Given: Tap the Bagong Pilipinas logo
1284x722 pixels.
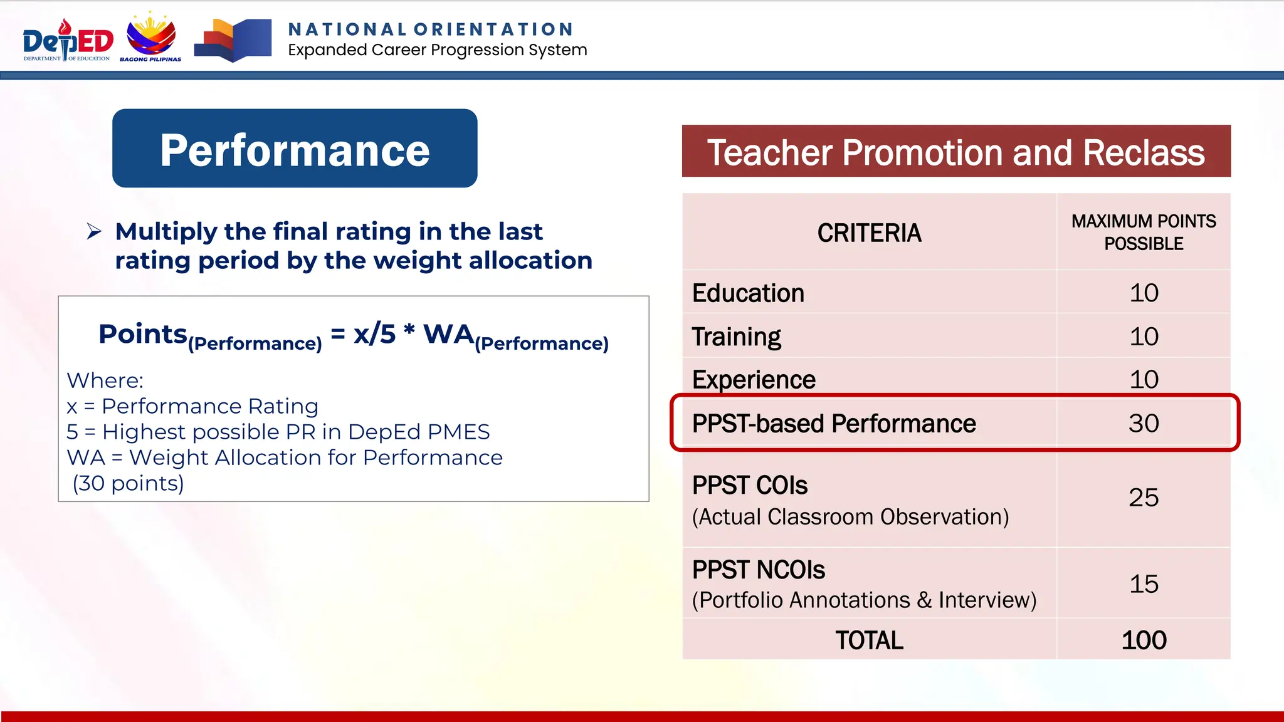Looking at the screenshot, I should [151, 38].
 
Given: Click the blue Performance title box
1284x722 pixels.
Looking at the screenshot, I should [295, 149].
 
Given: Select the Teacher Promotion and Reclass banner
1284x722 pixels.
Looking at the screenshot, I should [955, 152].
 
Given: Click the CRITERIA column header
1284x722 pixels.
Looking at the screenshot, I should [869, 233].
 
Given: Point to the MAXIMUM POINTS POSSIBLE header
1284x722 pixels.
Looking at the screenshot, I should [1143, 233].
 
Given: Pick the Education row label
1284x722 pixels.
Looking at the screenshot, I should [748, 293].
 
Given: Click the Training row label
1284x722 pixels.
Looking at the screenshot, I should [737, 337].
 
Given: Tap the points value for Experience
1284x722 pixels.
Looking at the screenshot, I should [1143, 380].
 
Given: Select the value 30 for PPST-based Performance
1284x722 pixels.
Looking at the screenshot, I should [1143, 424].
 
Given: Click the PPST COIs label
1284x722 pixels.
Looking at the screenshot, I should [750, 486].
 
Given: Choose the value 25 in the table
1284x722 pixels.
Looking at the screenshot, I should [1143, 498].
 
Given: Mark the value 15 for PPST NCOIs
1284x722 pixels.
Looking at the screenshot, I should [1143, 584].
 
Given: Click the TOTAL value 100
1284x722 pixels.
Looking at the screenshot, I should [1143, 641].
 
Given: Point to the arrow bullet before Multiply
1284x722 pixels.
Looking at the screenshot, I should [94, 232].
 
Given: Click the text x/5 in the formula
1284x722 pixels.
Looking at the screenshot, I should [375, 334].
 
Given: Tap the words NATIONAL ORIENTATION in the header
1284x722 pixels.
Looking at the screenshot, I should [431, 29].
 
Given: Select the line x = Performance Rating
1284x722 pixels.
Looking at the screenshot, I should [192, 407].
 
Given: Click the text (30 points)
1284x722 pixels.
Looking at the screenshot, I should [129, 484].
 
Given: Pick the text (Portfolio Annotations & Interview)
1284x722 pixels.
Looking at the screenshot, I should [864, 600].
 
